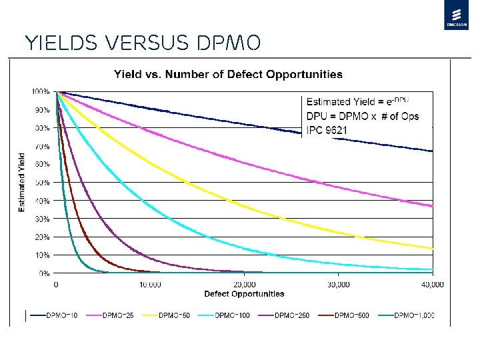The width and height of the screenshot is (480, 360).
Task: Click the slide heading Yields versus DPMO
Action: coord(141,43)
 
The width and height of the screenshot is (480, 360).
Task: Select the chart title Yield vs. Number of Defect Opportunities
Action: coord(228,74)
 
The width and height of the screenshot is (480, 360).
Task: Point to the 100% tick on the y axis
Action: coord(41,91)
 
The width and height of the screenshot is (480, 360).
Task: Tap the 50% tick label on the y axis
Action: coord(42,182)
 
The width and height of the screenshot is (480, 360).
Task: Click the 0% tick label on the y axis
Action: coord(43,273)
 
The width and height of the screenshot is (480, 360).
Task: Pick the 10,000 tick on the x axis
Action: coord(150,284)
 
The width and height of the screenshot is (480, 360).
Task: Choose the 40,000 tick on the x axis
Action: coord(433,284)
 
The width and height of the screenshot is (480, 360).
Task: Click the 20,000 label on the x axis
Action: coord(244,284)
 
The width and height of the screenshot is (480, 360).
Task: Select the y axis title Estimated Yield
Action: coord(21,183)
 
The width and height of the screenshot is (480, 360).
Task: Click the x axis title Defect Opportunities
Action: coord(244,294)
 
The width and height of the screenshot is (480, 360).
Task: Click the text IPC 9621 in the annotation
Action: coord(326,130)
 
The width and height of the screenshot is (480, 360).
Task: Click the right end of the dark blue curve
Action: coord(432,151)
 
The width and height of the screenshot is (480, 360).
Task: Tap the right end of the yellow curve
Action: coord(432,249)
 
